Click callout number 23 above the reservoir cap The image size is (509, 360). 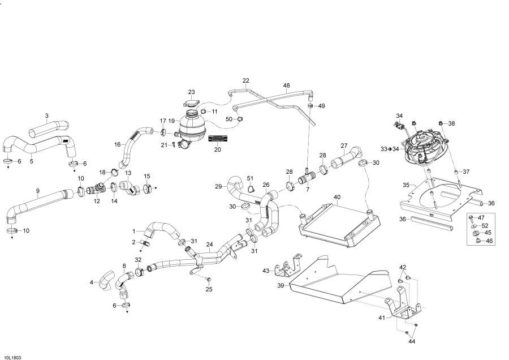(192, 92)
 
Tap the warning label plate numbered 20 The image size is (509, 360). (218, 139)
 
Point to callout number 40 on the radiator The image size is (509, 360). (337, 198)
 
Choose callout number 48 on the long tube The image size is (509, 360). (287, 86)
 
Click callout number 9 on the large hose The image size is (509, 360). (38, 191)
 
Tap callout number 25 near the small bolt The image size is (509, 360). (209, 289)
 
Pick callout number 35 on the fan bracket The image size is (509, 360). (406, 185)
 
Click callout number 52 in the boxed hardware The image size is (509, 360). (485, 225)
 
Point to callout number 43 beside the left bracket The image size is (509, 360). (266, 271)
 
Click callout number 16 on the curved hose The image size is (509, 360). (117, 144)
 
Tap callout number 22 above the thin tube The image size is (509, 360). (246, 80)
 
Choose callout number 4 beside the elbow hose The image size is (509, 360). (92, 282)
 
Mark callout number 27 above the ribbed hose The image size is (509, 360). (343, 145)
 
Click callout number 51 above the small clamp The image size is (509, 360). (251, 178)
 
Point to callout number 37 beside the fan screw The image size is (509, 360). (467, 172)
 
